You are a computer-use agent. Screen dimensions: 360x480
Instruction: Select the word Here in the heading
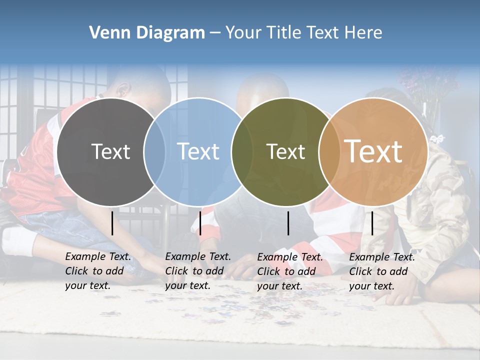pos(363,33)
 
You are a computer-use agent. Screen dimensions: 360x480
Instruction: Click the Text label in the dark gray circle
pos(110,151)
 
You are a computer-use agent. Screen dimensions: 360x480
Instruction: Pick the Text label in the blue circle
pos(198,151)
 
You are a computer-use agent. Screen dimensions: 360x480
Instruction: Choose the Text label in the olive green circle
pos(285,151)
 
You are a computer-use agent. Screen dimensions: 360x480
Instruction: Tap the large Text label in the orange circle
pos(373,151)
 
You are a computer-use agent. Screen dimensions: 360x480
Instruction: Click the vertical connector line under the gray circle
pos(112,223)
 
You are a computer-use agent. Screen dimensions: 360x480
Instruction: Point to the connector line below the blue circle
pos(200,223)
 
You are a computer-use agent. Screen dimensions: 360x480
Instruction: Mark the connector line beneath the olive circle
pos(288,223)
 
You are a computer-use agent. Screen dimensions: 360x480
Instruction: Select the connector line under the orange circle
pos(372,223)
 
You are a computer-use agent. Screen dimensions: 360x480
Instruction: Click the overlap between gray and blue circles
pos(154,151)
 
